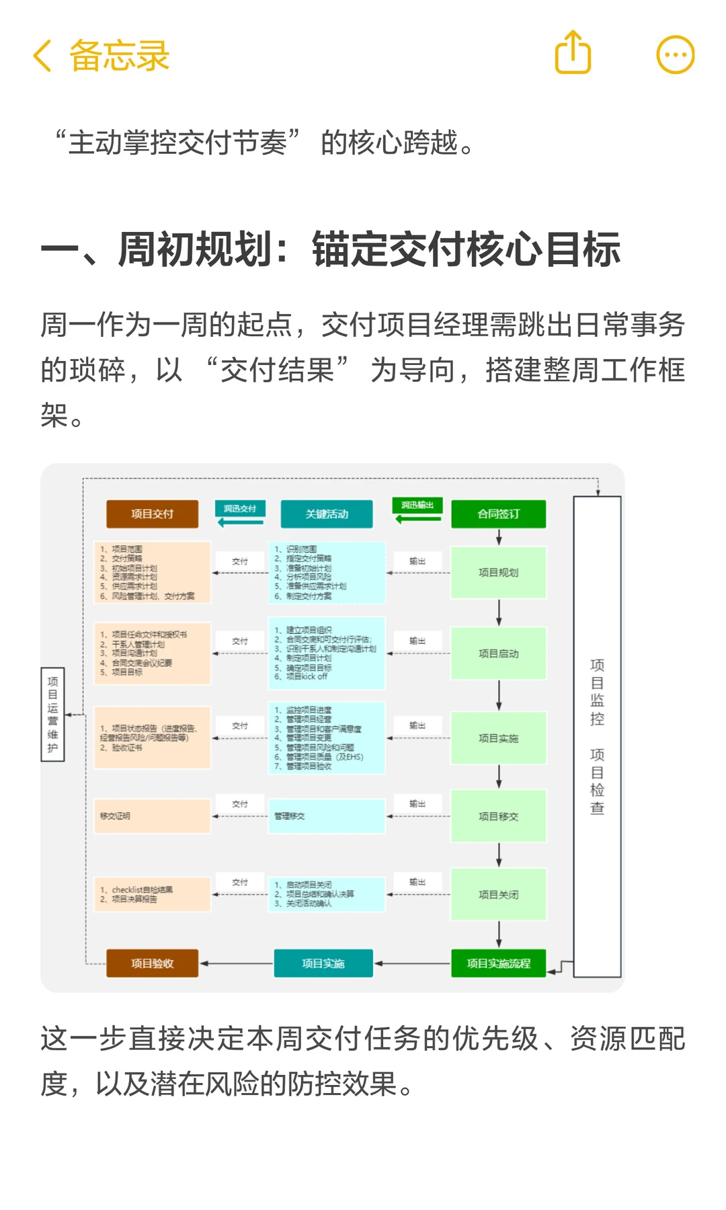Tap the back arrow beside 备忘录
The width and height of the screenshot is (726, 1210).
coord(42,55)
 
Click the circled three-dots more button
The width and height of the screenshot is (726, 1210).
coord(675,54)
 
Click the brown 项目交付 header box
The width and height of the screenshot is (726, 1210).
coord(153,514)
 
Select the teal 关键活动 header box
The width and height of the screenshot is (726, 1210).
coord(327,514)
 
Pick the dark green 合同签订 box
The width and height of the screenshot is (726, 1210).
coord(498,514)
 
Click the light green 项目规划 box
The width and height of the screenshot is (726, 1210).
coord(498,573)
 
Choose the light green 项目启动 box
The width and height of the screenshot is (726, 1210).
coord(498,653)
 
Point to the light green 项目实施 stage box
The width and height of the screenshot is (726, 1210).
coord(498,738)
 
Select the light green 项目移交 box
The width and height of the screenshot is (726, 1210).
coord(498,816)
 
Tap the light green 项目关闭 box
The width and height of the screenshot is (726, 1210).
coord(498,895)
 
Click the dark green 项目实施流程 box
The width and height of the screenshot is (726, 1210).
coord(498,963)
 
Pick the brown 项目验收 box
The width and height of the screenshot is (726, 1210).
coord(153,963)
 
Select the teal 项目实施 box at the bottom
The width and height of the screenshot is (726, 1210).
coord(323,963)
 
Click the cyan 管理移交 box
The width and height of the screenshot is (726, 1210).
coord(327,816)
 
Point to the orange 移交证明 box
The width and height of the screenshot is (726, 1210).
coord(153,816)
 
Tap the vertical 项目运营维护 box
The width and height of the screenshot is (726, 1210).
coord(53,715)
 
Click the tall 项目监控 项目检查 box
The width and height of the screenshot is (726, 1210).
coord(597,736)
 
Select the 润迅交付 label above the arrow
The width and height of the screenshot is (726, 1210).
coord(240,508)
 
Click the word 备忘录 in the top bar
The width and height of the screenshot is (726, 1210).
coord(120,55)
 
